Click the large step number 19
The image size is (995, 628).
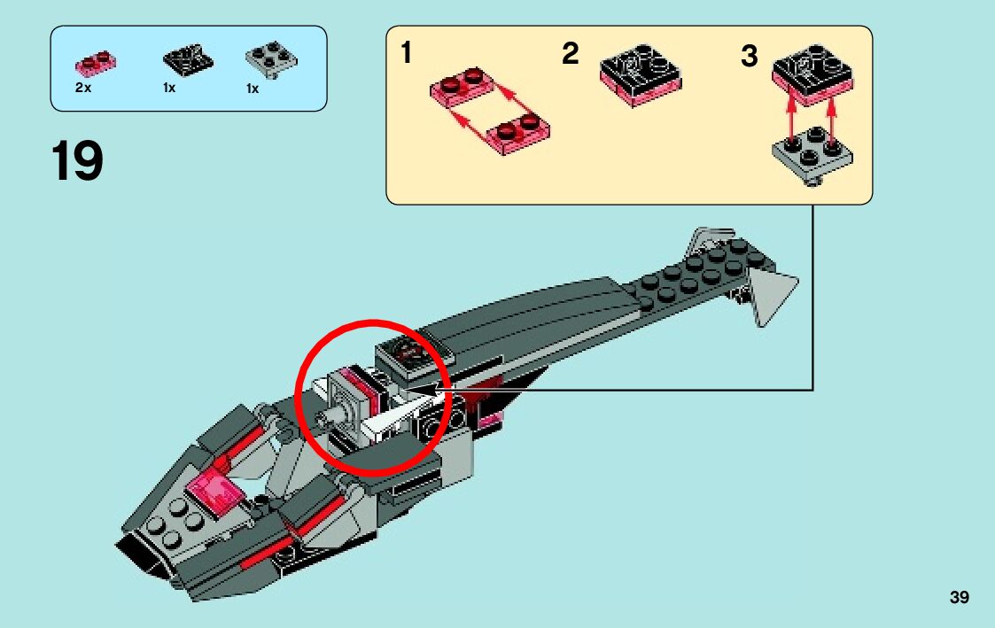pos(78,161)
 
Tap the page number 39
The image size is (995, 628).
pos(959,598)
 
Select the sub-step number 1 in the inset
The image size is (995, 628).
pos(406,54)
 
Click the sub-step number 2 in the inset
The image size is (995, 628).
pos(571,54)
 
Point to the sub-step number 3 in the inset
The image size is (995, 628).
pos(750,57)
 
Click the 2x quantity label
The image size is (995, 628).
pos(83,89)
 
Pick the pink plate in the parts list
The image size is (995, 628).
pos(97,63)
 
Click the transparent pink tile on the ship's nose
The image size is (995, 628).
pos(213,490)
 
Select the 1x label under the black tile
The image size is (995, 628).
pos(169,89)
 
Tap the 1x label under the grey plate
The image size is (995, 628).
pos(253,89)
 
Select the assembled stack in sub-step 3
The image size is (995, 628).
pos(813,71)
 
